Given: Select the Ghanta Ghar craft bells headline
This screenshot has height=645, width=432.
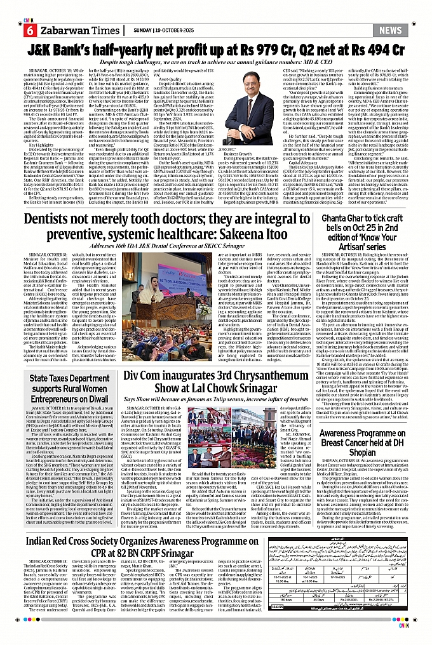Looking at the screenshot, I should click(369, 224).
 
